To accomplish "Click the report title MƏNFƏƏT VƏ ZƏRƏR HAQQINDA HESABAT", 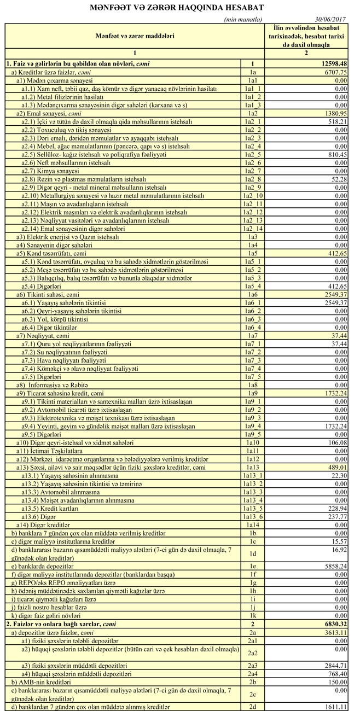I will [x=180, y=8].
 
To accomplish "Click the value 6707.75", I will [x=336, y=72].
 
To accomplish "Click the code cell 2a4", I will [x=252, y=673].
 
